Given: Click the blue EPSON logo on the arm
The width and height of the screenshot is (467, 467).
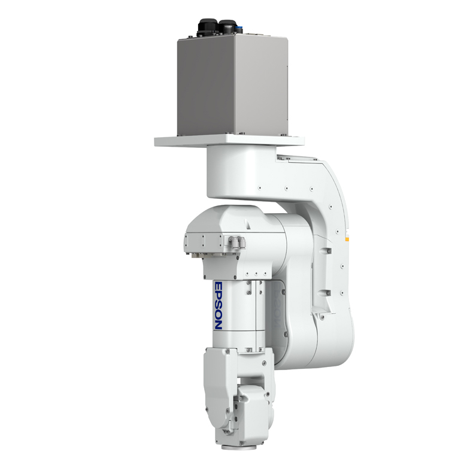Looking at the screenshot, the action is click(x=219, y=306).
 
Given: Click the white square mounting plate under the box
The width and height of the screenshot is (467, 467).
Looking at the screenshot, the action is click(x=229, y=140).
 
